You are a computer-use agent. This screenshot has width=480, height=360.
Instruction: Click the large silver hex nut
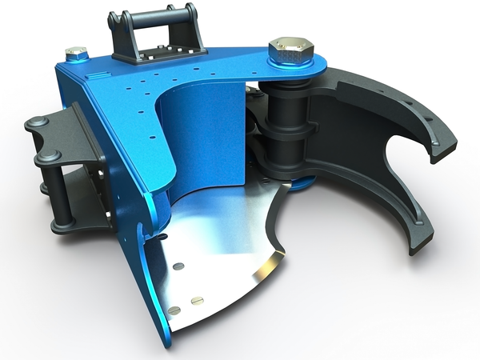point(290,51)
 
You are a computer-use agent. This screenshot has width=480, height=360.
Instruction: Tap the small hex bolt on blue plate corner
point(76,53)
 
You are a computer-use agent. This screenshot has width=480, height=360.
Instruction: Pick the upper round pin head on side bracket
point(36,122)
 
